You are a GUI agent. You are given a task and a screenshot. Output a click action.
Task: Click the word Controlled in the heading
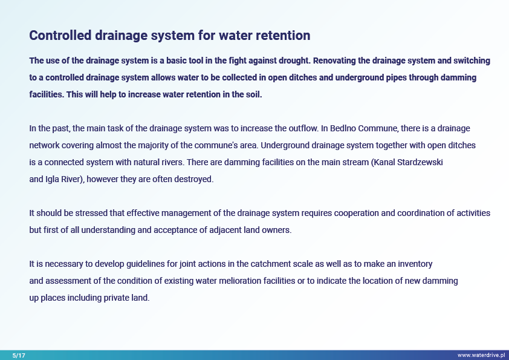(x=60, y=35)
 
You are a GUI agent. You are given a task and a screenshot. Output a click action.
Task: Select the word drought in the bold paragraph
(x=295, y=61)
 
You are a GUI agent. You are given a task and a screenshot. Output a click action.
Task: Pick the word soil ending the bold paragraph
(x=255, y=94)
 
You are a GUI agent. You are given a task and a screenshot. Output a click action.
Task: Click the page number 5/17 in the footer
(x=19, y=355)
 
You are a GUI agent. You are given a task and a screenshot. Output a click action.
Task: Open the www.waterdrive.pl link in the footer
(x=481, y=355)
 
